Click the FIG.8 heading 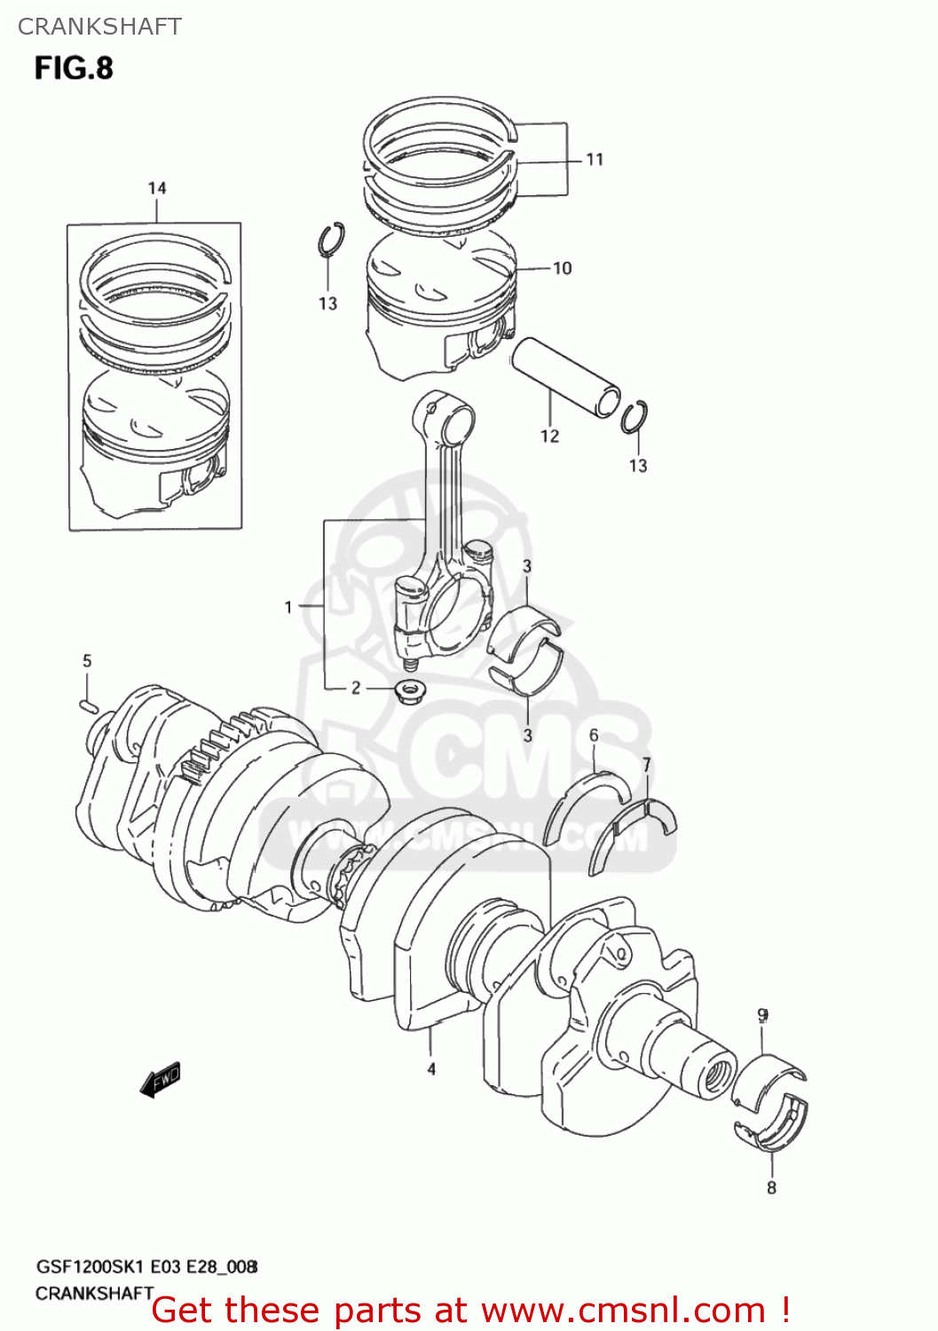74,68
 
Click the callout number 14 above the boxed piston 157,188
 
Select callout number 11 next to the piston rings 595,160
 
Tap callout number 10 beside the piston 563,268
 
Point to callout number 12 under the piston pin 549,436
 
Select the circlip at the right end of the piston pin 635,417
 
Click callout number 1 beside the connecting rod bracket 288,607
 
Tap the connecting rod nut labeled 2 408,689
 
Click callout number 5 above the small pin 87,661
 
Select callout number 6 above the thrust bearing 594,735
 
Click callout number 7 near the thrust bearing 647,764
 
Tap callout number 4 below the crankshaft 431,1069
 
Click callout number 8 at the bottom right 771,1187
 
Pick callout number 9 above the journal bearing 762,1015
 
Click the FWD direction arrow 162,1079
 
